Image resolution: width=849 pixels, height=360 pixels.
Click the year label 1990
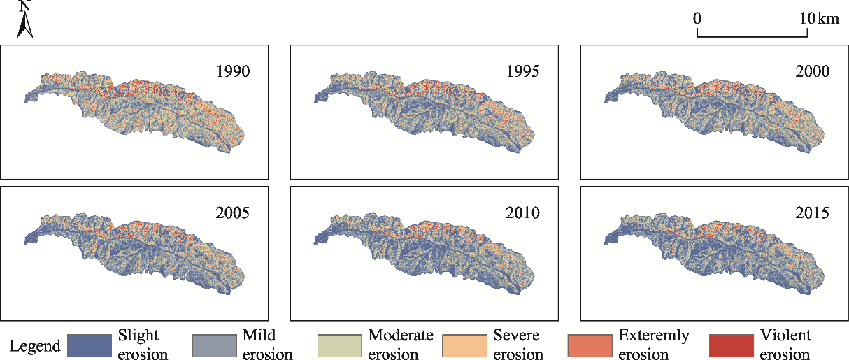click(233, 71)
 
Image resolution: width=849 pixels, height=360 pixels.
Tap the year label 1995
click(523, 71)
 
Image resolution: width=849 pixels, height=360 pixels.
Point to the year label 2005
click(233, 213)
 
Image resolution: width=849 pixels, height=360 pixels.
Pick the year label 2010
click(523, 213)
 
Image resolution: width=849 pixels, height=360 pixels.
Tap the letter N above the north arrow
click(25, 6)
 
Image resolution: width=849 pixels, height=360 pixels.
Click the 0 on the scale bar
click(697, 19)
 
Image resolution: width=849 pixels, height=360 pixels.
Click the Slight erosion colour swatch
click(89, 345)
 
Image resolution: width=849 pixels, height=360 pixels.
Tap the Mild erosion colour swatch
click(214, 345)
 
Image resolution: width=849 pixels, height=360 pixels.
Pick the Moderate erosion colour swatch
click(340, 345)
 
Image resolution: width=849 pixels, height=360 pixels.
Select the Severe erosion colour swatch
click(465, 345)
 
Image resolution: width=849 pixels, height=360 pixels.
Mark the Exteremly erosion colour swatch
click(591, 345)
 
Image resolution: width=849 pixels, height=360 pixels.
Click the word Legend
click(34, 346)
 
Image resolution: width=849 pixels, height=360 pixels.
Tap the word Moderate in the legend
click(401, 336)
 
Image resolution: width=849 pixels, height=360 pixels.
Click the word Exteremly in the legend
click(654, 336)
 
